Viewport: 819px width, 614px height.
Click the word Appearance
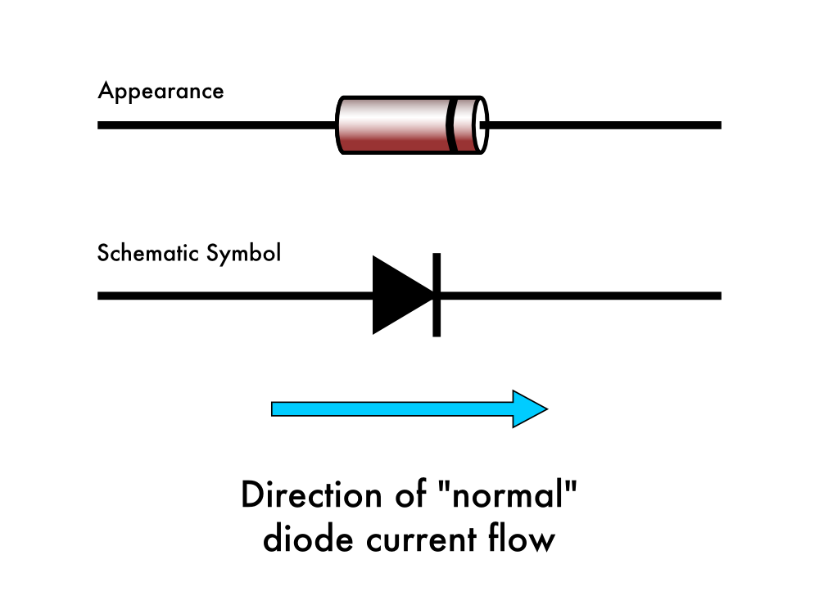(161, 91)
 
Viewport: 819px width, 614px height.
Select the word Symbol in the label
(243, 254)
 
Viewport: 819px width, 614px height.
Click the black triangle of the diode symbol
(398, 295)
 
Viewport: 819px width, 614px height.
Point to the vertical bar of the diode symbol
(437, 295)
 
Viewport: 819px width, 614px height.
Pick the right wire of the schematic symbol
(581, 295)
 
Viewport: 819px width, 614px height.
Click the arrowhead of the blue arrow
(529, 409)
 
